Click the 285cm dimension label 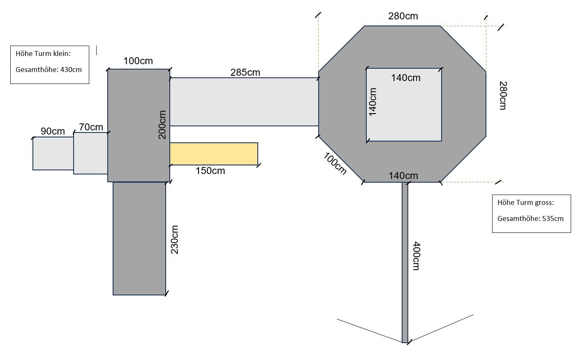coord(245,72)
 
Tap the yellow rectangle coord(214,154)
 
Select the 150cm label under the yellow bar coord(210,171)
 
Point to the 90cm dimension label coord(53,131)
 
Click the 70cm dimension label coord(91,127)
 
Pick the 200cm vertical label coord(162,125)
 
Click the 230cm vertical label coord(174,239)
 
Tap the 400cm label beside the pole coord(416,256)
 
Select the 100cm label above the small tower coord(138,61)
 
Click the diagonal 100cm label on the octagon coord(335,164)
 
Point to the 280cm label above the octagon coord(403,16)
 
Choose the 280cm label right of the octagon coord(503,95)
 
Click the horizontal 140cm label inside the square coord(406,78)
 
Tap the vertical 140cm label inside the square coord(373,102)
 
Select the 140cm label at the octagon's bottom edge coord(403,176)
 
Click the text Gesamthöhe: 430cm coord(49,70)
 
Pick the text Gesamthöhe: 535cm coord(530,218)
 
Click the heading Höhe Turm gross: coord(525,203)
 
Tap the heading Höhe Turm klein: coord(43,53)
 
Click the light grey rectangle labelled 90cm coord(53,153)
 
